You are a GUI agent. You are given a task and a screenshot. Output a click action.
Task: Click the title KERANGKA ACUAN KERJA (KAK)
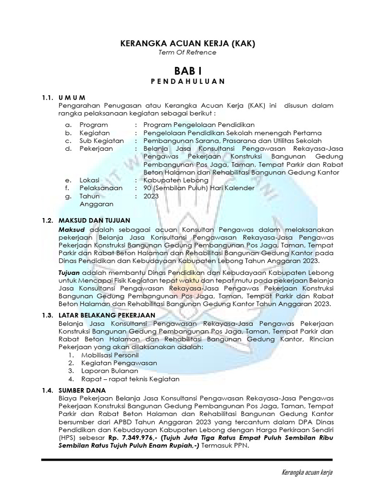[x=187, y=44]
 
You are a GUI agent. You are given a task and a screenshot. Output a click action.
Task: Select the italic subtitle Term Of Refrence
[x=187, y=52]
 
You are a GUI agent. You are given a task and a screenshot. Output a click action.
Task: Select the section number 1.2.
[x=47, y=220]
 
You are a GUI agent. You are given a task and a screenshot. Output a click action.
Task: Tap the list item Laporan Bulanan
[x=103, y=371]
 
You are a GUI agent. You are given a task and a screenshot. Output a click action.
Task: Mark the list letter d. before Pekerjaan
[x=69, y=148]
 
